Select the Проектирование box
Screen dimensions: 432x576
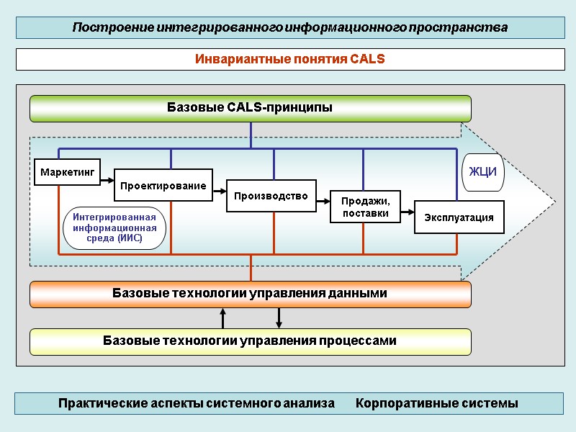(x=163, y=186)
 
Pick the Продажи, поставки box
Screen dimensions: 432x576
(x=365, y=207)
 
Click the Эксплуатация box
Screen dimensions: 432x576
(x=459, y=217)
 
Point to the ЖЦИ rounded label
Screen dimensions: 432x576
(x=483, y=173)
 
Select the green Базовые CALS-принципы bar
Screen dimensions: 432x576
(x=250, y=109)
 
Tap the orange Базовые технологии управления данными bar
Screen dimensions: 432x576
(x=250, y=294)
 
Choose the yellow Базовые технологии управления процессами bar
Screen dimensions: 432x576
(x=250, y=341)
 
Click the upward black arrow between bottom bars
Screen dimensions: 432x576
(x=223, y=318)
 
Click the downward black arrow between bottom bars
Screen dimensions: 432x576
(x=279, y=318)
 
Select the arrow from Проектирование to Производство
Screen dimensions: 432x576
(x=220, y=191)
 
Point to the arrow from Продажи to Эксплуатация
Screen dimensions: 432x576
(x=408, y=212)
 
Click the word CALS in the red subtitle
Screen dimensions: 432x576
(x=367, y=59)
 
